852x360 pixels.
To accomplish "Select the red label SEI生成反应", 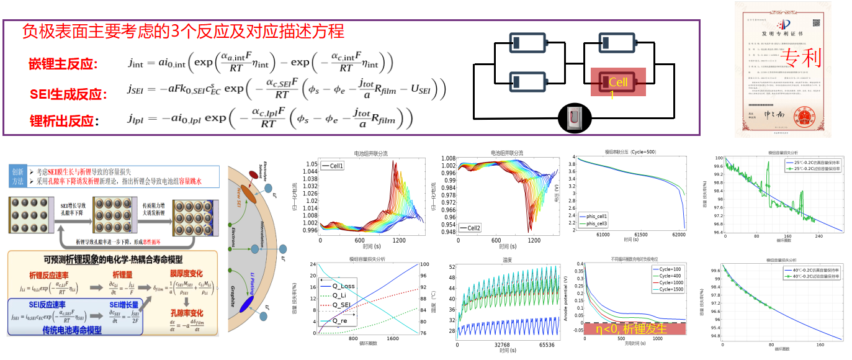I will point(68,94).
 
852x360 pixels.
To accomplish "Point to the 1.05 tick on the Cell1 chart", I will point(310,164).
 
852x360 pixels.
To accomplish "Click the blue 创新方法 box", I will point(17,176).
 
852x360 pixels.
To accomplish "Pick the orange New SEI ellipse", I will point(248,192).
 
